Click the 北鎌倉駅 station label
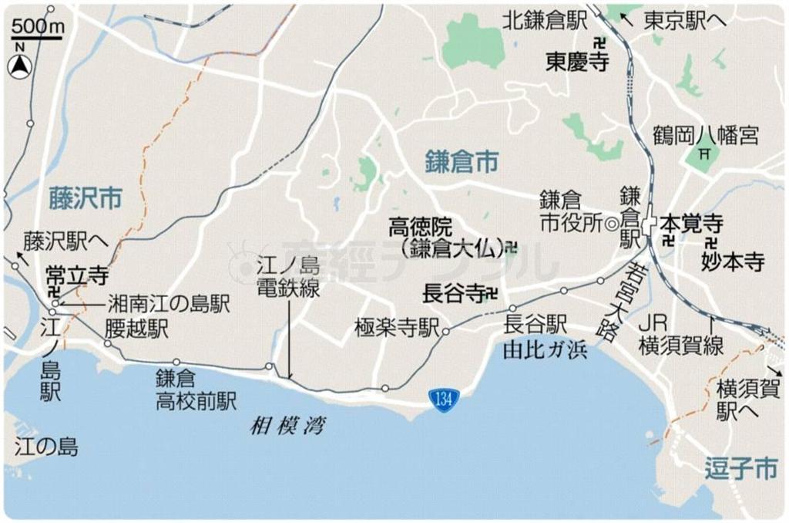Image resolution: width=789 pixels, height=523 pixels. (545, 21)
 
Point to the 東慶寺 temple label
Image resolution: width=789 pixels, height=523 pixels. (577, 62)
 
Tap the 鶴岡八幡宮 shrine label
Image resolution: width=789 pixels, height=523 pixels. (705, 136)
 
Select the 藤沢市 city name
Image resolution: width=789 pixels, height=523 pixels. (85, 198)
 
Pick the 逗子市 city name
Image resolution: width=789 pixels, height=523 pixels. (740, 468)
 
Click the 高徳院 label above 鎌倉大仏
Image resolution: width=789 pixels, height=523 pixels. (421, 227)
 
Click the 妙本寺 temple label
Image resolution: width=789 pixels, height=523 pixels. (732, 262)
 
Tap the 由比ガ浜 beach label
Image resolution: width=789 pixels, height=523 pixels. (544, 349)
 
